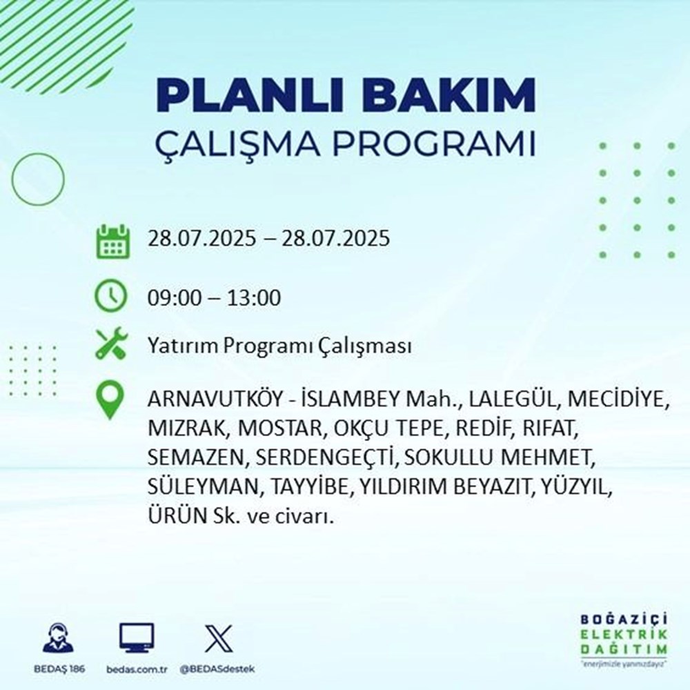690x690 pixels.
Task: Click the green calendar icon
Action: (111, 241)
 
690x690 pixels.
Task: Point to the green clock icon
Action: (111, 297)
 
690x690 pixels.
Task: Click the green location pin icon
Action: (111, 401)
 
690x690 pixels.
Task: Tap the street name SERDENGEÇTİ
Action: (326, 457)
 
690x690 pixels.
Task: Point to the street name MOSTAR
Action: (280, 429)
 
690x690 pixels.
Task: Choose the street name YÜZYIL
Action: (576, 486)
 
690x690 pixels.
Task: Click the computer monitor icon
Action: (137, 638)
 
